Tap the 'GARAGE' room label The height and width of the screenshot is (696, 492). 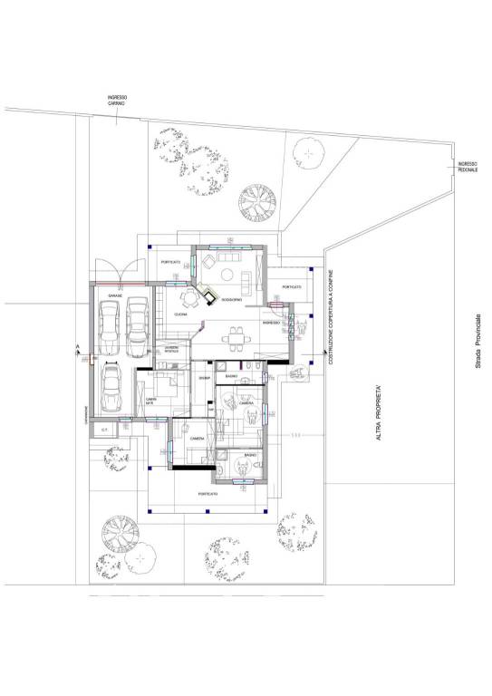[x=115, y=296]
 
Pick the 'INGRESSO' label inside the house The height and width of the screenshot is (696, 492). [x=270, y=323]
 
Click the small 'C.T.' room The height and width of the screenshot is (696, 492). [x=104, y=429]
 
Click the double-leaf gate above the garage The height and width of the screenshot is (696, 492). [x=121, y=268]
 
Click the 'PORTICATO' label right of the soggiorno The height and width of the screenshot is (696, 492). [x=291, y=287]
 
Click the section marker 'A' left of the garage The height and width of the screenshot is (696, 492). [x=79, y=348]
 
